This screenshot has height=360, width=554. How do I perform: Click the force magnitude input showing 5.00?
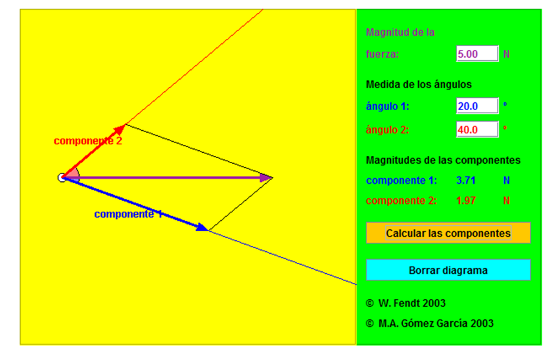pos(477,54)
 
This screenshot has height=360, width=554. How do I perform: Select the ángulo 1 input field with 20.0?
pos(477,106)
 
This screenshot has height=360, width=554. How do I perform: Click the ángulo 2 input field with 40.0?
pos(477,129)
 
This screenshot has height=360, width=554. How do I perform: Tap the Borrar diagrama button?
pos(448,270)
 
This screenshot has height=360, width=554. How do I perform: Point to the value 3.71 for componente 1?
pos(466,181)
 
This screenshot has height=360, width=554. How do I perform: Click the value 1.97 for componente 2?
pos(466,201)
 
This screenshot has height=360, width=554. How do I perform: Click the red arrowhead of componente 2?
pos(120,129)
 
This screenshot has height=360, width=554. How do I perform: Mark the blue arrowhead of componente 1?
pos(203,227)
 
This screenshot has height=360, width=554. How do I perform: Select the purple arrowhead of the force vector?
pos(266,177)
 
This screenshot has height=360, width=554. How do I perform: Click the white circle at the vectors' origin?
pos(62,177)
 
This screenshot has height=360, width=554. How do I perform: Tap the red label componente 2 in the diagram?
pos(88,141)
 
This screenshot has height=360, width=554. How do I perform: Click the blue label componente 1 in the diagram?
pos(128,214)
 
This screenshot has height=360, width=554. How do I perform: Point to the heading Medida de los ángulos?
pos(419,84)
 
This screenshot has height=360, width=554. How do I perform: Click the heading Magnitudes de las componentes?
pos(443,160)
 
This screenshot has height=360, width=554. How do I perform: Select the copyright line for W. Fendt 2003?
pos(406,303)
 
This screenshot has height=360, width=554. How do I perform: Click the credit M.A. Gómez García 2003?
pos(430,323)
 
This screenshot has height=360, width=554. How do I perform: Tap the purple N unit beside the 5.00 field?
pos(507,54)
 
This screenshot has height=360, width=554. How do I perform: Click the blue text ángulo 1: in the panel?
pos(388,106)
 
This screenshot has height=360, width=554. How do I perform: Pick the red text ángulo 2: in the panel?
pos(388,129)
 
